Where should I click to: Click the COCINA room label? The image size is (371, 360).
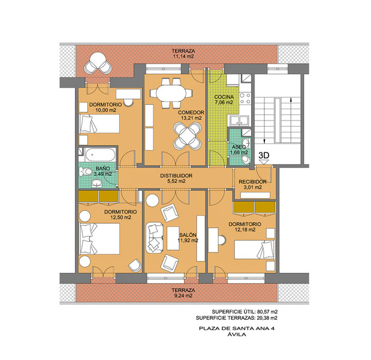(224, 97)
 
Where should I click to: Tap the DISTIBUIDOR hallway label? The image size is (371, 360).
(176, 176)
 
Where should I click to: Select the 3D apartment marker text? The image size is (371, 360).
(264, 155)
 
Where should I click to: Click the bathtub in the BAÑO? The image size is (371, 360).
(100, 154)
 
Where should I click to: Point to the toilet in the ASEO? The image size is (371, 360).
(246, 160)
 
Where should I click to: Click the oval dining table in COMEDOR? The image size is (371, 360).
(171, 93)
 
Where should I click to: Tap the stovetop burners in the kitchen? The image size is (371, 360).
(245, 98)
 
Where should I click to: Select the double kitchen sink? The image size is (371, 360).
(239, 120)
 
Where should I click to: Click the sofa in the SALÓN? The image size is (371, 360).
(155, 238)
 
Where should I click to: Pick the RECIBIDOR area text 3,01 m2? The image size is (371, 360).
(252, 187)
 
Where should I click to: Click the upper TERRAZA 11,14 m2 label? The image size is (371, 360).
(183, 53)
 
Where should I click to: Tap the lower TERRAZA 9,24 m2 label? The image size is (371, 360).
(183, 293)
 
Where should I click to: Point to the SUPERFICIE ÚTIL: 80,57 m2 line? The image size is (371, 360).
(245, 311)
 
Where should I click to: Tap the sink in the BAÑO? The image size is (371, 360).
(97, 183)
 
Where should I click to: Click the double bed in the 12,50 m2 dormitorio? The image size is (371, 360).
(99, 239)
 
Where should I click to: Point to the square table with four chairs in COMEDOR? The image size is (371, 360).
(188, 136)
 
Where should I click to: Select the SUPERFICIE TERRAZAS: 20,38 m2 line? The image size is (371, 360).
(237, 318)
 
